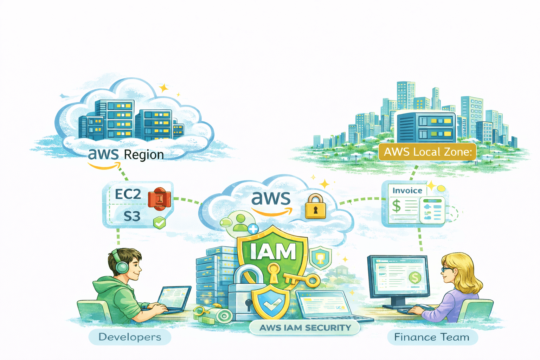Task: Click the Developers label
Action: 130,337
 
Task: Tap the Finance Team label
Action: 432,337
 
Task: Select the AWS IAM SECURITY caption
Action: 305,328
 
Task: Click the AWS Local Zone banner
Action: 427,152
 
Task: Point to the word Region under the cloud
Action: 144,155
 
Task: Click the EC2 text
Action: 128,194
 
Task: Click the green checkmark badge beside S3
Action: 159,223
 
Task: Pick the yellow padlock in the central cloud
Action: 315,207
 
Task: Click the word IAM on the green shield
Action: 273,251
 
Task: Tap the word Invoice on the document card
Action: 407,191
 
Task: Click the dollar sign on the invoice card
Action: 397,206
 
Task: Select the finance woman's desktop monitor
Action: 399,278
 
